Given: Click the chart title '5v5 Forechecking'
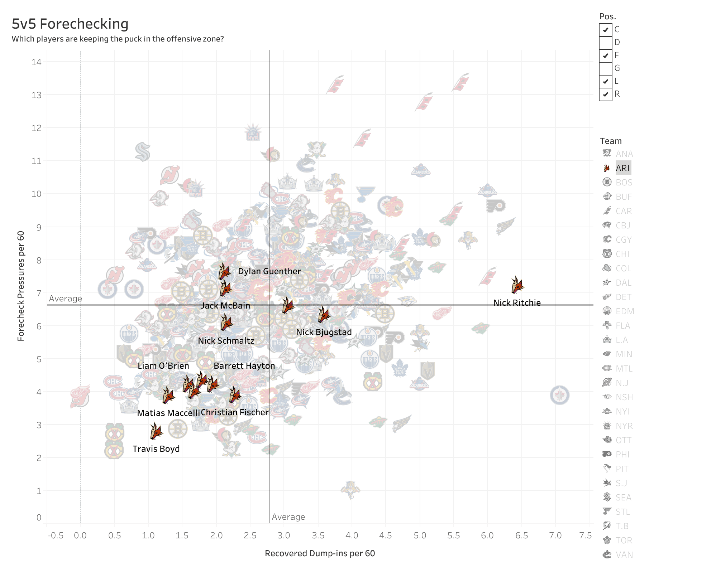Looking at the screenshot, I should pos(70,24).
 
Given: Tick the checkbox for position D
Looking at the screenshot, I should pos(605,43).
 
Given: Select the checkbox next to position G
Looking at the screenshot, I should pos(605,68).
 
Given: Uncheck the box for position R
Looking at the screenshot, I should pos(605,94).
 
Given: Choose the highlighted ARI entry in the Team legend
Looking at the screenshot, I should pos(622,168).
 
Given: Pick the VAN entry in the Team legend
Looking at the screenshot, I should pos(624,555).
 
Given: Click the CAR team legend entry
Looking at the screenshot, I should pos(623,211).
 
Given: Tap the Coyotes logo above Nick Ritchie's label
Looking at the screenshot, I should pos(517,285).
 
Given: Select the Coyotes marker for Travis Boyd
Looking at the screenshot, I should pos(156,431).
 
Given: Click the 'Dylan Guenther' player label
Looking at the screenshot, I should pos(269,271).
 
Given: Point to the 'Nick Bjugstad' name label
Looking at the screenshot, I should pos(324,332).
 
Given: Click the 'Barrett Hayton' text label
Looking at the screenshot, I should pos(244,366).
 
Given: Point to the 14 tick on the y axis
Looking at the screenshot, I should pos(36,62).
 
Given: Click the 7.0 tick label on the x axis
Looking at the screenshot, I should pos(555,535).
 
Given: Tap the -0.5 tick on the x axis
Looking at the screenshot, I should pos(55,535).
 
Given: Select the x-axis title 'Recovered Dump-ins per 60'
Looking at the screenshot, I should pos(320,553).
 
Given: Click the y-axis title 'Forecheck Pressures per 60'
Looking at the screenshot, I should pos(21,286).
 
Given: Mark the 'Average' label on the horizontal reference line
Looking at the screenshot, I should pos(66,299).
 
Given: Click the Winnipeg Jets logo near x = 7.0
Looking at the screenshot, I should pos(559,395).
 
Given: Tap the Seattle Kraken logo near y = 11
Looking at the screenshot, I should pos(143,151).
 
